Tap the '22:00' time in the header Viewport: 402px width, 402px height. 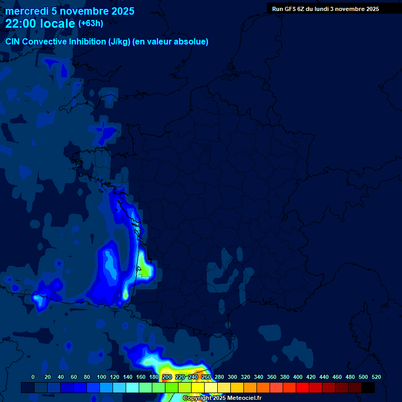click(21, 24)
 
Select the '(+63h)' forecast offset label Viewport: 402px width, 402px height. click(91, 24)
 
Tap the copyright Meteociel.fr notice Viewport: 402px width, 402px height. click(222, 398)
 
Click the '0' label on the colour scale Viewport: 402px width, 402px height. click(33, 377)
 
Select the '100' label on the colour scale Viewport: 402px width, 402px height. click(102, 377)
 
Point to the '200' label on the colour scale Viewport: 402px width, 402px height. click(167, 377)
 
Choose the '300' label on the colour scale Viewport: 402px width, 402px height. click(232, 377)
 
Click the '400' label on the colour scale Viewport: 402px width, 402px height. click(298, 377)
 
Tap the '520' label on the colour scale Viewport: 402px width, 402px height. click(376, 377)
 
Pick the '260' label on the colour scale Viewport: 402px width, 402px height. click(206, 377)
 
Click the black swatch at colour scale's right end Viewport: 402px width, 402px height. click(368, 387)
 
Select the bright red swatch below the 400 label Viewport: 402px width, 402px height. click(303, 387)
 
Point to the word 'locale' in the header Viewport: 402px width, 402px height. click(58, 24)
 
